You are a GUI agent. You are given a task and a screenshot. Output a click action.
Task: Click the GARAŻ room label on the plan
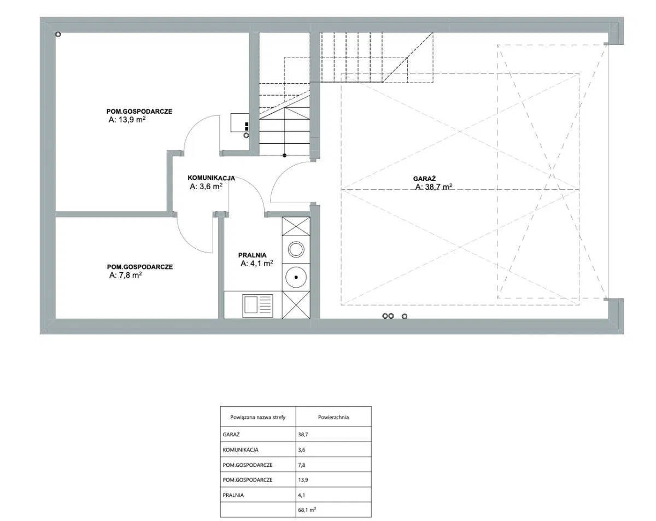point(424,179)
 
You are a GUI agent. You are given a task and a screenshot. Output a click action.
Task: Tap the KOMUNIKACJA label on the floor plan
point(211,178)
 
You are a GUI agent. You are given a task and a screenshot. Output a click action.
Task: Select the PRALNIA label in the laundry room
point(253,255)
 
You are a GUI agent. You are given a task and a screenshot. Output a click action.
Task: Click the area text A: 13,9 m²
point(127,120)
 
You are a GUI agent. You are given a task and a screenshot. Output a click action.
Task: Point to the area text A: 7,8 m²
point(126,275)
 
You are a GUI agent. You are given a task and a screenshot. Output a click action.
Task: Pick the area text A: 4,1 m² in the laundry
point(257,264)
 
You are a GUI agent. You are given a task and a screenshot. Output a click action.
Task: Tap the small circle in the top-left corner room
point(58,34)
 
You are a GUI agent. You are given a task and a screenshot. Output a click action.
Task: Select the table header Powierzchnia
point(333,417)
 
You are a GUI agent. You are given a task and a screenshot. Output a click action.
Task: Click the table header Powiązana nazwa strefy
point(258,417)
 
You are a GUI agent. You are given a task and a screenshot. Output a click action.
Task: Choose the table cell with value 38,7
point(303,435)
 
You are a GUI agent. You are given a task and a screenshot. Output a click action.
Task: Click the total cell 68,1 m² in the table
point(307,510)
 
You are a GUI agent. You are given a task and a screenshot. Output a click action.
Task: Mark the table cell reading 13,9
point(303,479)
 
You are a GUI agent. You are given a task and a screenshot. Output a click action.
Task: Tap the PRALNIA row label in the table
point(233,495)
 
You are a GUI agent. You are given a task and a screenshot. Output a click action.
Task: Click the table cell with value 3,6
point(301,450)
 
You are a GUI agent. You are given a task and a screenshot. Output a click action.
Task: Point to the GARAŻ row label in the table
point(231,435)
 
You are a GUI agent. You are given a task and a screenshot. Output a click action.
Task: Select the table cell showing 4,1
point(301,495)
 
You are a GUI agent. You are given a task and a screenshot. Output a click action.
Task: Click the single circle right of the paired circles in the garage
point(405,317)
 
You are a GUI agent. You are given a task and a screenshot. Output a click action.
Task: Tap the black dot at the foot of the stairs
point(284,155)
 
